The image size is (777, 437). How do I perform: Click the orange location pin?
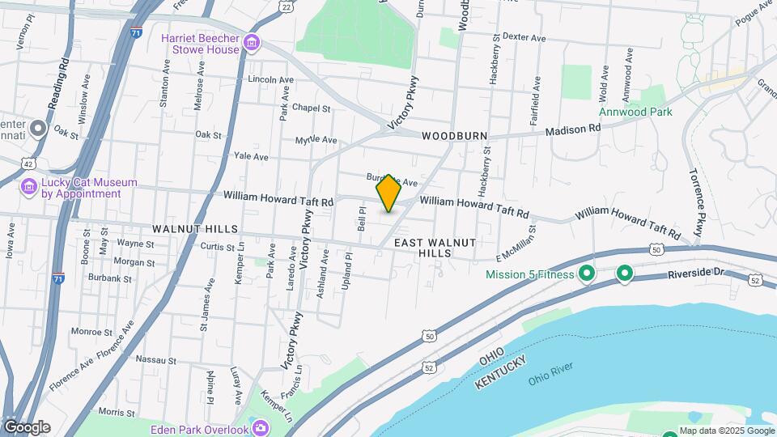click(x=388, y=193)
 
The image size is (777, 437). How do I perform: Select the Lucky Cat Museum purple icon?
click(x=29, y=188)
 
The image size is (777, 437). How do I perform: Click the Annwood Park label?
click(x=635, y=112)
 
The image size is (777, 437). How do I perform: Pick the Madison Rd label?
click(x=572, y=129)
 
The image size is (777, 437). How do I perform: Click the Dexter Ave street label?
click(x=525, y=36)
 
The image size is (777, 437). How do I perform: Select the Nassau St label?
click(x=156, y=359)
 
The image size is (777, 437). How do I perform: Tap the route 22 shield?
click(x=287, y=6)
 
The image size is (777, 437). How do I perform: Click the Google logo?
click(x=27, y=427)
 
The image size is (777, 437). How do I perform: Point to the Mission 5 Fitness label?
click(x=529, y=274)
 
